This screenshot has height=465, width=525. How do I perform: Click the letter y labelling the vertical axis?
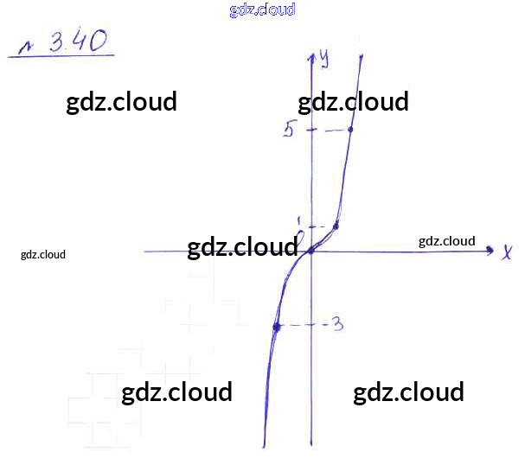point(324,57)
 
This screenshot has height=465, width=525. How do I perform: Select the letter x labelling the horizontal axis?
point(508,252)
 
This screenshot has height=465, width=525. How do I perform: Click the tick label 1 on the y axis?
point(298,221)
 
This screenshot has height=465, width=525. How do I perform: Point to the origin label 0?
point(300,236)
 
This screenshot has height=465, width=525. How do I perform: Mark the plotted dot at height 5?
point(349,130)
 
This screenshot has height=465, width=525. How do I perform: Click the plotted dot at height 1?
point(336,226)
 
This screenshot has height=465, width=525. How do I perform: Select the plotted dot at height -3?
point(277,327)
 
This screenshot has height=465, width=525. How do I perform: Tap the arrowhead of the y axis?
point(311,57)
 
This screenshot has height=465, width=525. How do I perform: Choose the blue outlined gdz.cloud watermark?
point(263,10)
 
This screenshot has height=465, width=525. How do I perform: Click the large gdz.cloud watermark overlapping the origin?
point(242,247)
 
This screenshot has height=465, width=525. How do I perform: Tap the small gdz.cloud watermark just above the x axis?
point(446,240)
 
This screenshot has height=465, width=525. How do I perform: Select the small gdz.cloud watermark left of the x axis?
point(43,254)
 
